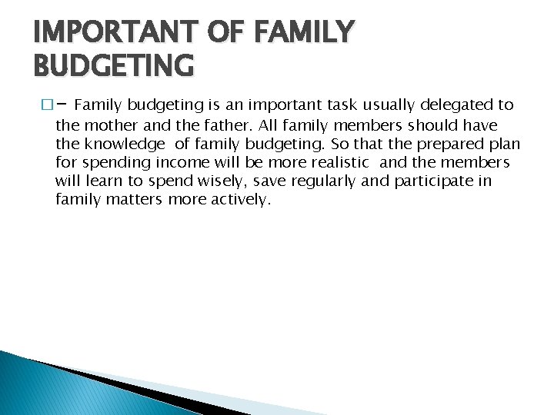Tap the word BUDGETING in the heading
(x=114, y=66)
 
